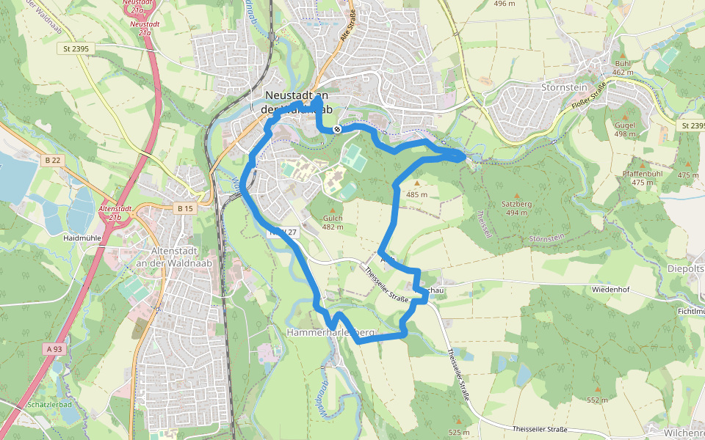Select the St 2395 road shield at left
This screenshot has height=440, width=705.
[x=76, y=48]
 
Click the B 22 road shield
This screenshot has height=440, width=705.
[x=51, y=160]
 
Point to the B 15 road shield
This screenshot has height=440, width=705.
[x=185, y=209]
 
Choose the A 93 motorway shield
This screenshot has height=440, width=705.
[x=54, y=349]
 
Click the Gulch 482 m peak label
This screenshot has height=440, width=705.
[x=333, y=222]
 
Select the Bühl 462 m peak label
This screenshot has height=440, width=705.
[x=623, y=68]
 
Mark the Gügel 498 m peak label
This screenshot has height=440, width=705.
[x=625, y=129]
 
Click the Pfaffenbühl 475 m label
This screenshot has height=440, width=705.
[x=643, y=177]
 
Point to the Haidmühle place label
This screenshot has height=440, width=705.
[x=82, y=238]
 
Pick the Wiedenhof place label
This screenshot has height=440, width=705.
[x=610, y=290]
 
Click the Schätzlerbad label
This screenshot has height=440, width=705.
[x=48, y=404]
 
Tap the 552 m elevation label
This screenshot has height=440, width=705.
[x=597, y=400]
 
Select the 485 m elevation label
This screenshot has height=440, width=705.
[x=416, y=194]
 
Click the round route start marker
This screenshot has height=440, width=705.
[x=336, y=129]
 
